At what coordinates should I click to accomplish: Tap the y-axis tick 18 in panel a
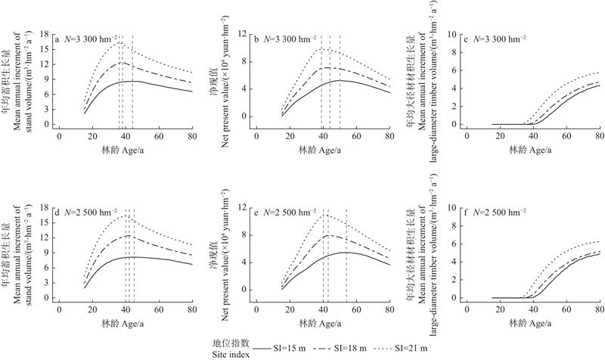[46, 34]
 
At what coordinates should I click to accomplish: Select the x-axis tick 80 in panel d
[192, 307]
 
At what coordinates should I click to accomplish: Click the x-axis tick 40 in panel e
[323, 307]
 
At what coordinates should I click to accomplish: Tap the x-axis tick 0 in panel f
[467, 307]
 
